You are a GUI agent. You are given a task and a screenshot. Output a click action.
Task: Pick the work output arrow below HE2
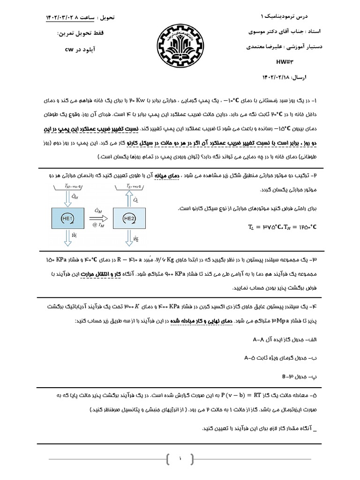[129, 239]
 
